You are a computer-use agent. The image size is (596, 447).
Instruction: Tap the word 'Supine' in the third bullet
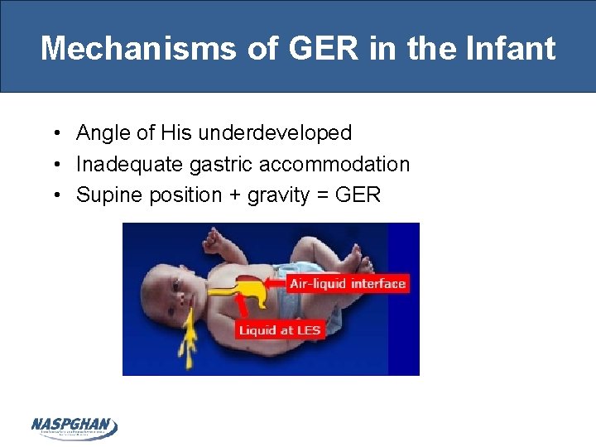point(103,195)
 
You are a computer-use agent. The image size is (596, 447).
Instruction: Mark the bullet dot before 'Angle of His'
point(54,133)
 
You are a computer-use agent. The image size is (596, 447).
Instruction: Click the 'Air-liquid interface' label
point(348,284)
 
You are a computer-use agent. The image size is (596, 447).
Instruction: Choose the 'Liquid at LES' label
point(280,330)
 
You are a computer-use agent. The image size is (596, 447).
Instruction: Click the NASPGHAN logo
point(74,427)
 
